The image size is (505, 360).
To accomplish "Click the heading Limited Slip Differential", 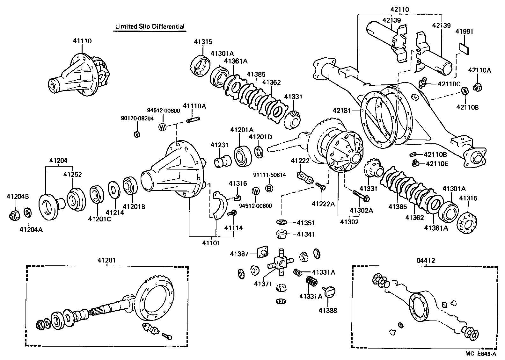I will tap(150, 26).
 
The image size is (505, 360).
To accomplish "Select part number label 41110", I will tap(82, 41).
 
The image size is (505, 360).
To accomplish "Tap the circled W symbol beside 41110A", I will tap(163, 127).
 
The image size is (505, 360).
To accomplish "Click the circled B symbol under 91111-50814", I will tap(269, 188).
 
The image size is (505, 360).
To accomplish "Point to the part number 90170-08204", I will tap(137, 118).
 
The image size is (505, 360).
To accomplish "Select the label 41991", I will tap(464, 32).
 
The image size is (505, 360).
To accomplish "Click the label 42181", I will tap(342, 111).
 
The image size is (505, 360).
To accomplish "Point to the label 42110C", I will tap(449, 84).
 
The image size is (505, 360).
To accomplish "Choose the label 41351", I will tap(306, 223).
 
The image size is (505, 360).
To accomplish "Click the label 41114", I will tap(233, 228).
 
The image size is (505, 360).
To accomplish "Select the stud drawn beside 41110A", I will tap(193, 120).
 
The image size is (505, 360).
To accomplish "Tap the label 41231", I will tap(219, 145).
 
